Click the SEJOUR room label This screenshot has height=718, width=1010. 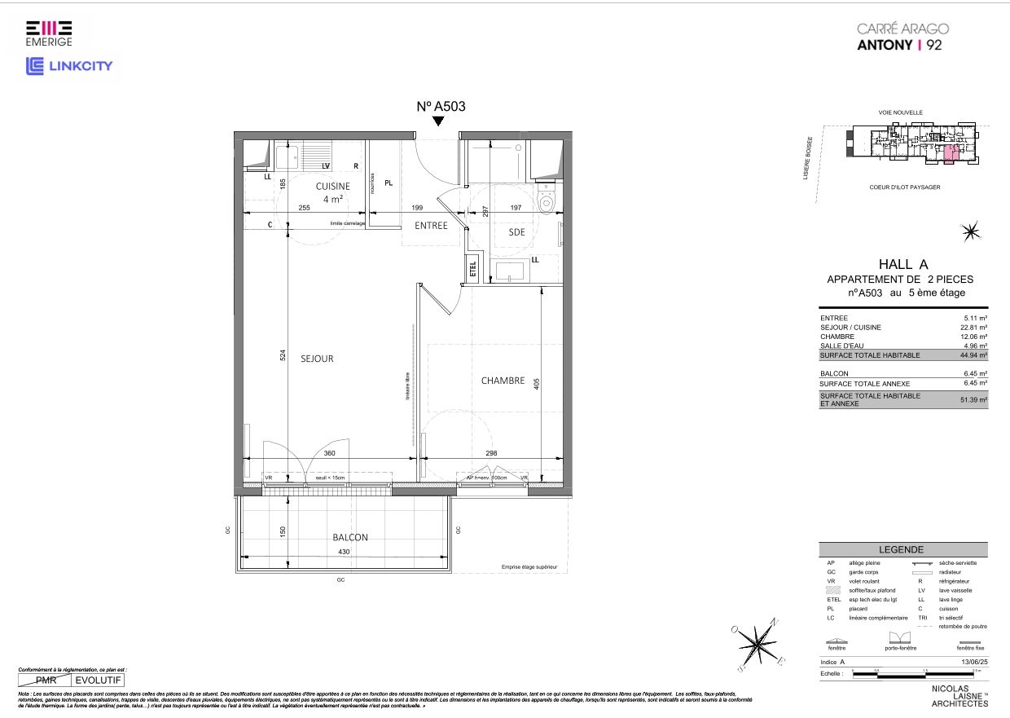316,359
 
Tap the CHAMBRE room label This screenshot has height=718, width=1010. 503,381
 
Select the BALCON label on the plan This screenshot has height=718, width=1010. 350,538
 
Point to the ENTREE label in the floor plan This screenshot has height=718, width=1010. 431,226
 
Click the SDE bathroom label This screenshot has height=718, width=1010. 516,231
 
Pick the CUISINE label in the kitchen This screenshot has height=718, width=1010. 332,187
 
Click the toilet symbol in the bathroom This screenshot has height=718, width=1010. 547,204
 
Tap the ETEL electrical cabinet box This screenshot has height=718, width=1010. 472,268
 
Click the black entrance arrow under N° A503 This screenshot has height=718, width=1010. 438,121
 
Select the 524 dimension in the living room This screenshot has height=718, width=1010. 283,355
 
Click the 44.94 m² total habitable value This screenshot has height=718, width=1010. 973,355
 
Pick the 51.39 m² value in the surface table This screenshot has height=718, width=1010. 973,400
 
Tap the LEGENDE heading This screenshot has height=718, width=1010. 902,550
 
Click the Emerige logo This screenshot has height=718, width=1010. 48,33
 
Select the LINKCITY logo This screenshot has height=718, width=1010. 70,66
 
